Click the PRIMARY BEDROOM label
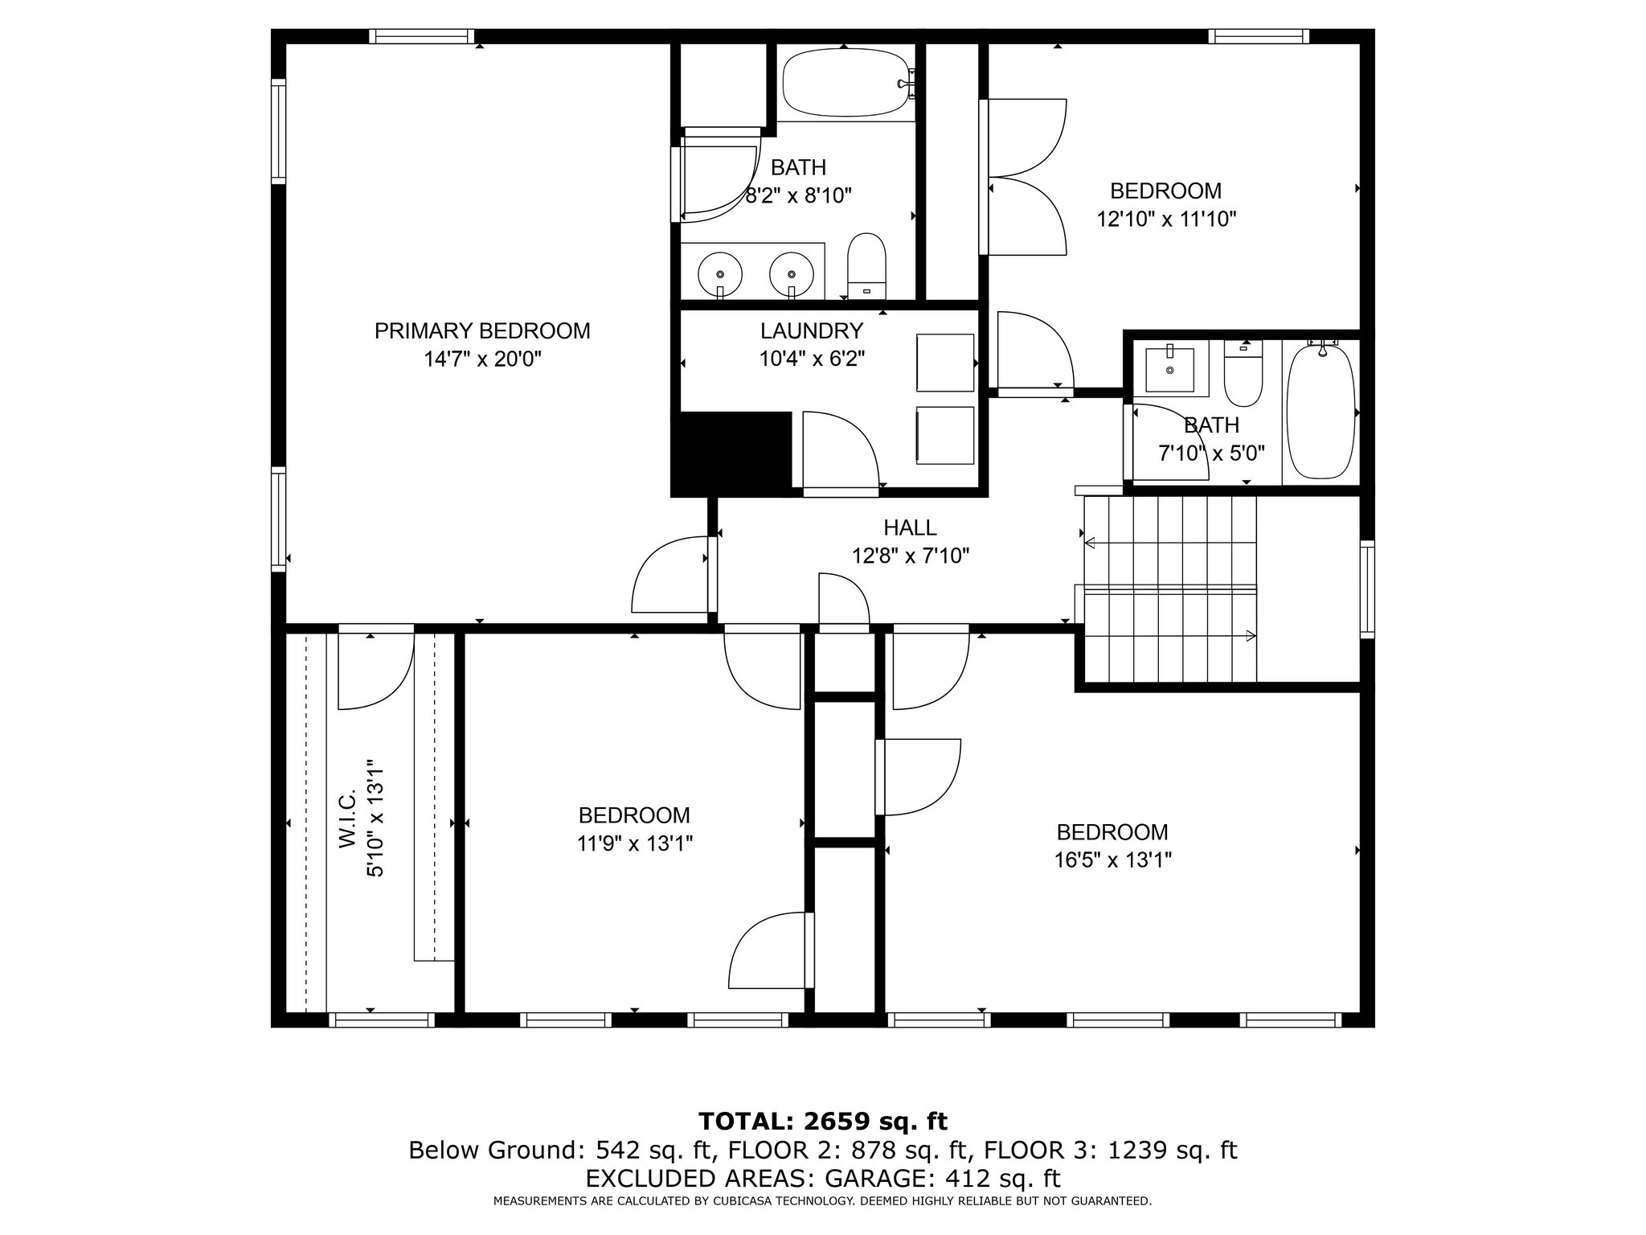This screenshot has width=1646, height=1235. click(482, 330)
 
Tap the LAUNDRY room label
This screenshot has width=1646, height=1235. click(812, 330)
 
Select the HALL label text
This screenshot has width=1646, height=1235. click(910, 527)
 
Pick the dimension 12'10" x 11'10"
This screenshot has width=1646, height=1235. click(1166, 219)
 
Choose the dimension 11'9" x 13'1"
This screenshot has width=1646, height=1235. click(634, 843)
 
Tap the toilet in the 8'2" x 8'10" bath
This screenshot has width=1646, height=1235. click(866, 266)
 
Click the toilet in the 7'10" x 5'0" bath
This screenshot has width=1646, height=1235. click(1243, 372)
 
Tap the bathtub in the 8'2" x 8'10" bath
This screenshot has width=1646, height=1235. click(849, 84)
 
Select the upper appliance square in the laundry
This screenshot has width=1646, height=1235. click(945, 363)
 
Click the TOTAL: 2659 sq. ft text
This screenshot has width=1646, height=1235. click(823, 1122)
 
